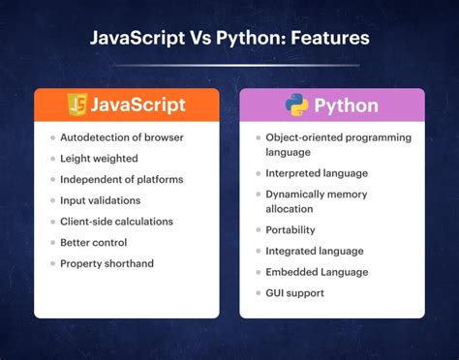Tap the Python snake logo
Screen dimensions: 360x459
pyautogui.click(x=296, y=105)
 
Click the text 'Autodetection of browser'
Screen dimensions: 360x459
pyautogui.click(x=121, y=137)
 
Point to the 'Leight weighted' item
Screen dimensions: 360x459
pyautogui.click(x=99, y=158)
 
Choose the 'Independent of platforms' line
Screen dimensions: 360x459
pyautogui.click(x=121, y=179)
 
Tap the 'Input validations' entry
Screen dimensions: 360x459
pyautogui.click(x=100, y=200)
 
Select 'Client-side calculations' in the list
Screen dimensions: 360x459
pyautogui.click(x=116, y=222)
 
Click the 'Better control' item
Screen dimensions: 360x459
pyautogui.click(x=94, y=242)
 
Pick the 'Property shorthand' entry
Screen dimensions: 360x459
pyautogui.click(x=106, y=263)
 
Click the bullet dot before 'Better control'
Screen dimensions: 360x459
pyautogui.click(x=52, y=242)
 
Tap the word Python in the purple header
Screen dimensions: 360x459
pyautogui.click(x=348, y=105)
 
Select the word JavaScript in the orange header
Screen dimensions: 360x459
pyautogui.click(x=140, y=105)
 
